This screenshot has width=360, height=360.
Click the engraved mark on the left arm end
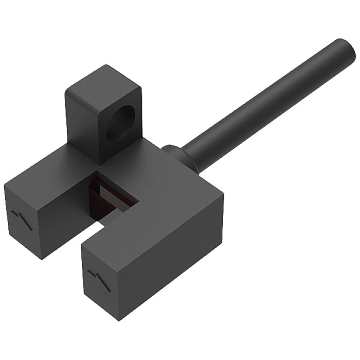coord(22,218)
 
